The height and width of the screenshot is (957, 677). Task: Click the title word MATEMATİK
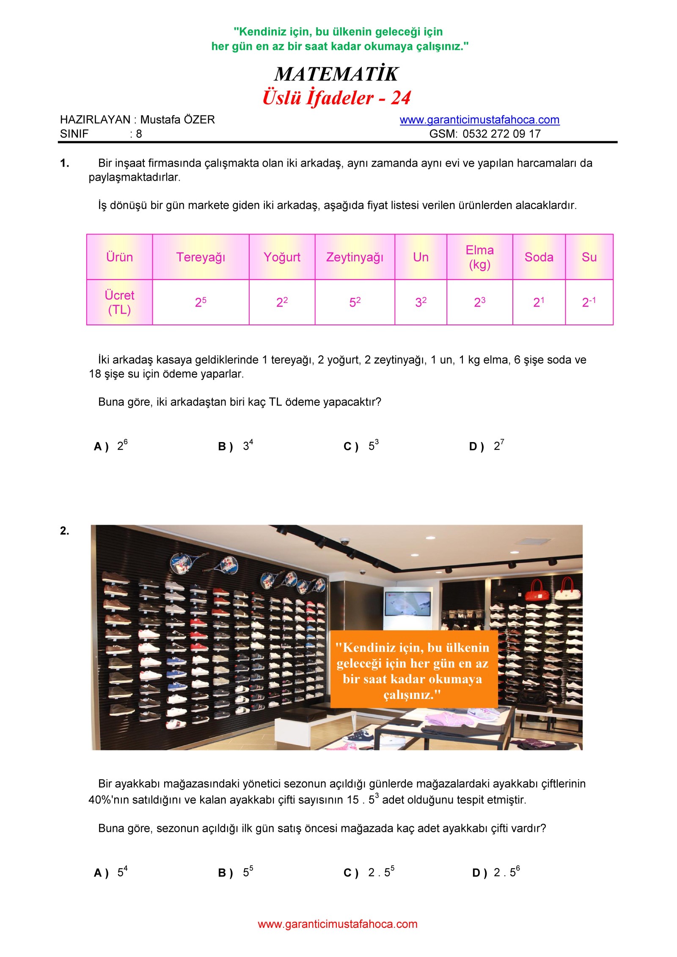[x=336, y=74]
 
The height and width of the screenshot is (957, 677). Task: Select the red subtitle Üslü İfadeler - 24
[x=336, y=98]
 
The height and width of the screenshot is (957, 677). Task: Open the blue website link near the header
[x=479, y=120]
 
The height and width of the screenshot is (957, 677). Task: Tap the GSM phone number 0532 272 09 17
[x=501, y=134]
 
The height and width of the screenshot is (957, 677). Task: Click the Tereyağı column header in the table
[x=201, y=257]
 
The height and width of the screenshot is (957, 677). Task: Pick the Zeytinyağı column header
[x=355, y=257]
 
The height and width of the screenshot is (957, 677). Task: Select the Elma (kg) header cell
[x=479, y=257]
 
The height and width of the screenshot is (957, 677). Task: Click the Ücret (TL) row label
[x=119, y=302]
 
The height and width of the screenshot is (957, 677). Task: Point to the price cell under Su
[x=589, y=302]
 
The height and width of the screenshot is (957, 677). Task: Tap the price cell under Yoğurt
[x=282, y=302]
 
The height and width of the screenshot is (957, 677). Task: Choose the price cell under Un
[x=421, y=302]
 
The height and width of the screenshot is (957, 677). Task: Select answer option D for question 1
[x=487, y=446]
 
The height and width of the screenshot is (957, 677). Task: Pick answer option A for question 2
[x=110, y=872]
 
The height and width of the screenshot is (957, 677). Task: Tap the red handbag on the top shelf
[x=537, y=592]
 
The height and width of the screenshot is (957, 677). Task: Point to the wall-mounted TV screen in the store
[x=407, y=604]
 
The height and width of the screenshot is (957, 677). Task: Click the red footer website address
[x=338, y=924]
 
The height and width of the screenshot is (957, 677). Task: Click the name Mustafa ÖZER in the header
[x=177, y=120]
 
